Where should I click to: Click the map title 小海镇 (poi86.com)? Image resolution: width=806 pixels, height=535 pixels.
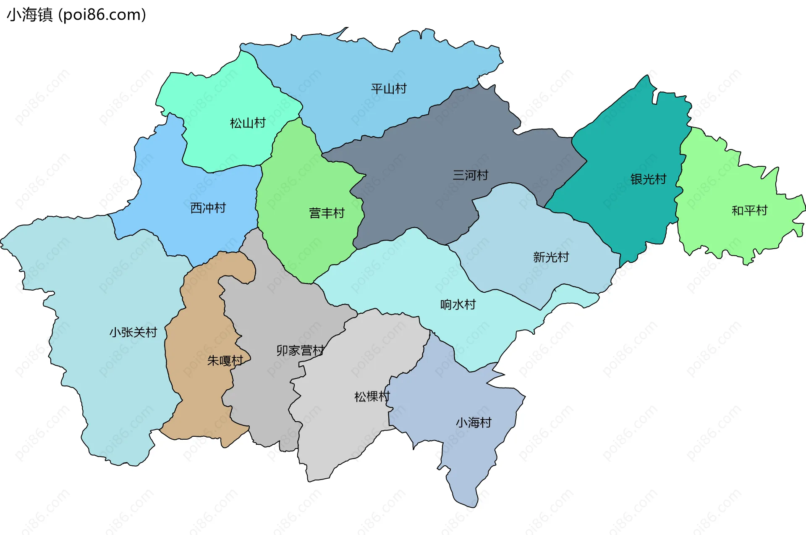click(x=76, y=15)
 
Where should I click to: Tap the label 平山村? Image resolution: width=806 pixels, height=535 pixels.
click(x=389, y=89)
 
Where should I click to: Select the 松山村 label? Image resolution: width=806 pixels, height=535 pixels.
click(x=248, y=123)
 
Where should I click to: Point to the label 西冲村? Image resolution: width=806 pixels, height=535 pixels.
click(x=208, y=208)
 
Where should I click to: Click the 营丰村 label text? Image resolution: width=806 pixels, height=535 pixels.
click(x=327, y=213)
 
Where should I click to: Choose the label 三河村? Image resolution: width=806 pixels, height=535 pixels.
click(x=470, y=175)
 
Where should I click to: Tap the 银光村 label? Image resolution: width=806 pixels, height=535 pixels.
click(x=648, y=179)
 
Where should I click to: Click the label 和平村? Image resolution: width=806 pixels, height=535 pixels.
click(x=749, y=210)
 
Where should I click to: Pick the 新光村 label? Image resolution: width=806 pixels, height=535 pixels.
click(x=551, y=257)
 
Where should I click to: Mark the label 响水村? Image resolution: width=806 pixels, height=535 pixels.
click(x=458, y=304)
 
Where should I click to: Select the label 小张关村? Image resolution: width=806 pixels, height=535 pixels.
click(x=133, y=333)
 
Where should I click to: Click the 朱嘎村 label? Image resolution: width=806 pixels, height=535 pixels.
click(x=225, y=360)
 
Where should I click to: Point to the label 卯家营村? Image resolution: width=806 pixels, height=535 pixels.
click(x=300, y=350)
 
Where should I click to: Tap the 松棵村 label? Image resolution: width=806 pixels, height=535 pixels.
click(x=372, y=396)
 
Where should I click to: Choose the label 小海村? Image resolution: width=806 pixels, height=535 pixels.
click(x=474, y=422)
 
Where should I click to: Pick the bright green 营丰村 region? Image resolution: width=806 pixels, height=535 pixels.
click(x=302, y=176)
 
